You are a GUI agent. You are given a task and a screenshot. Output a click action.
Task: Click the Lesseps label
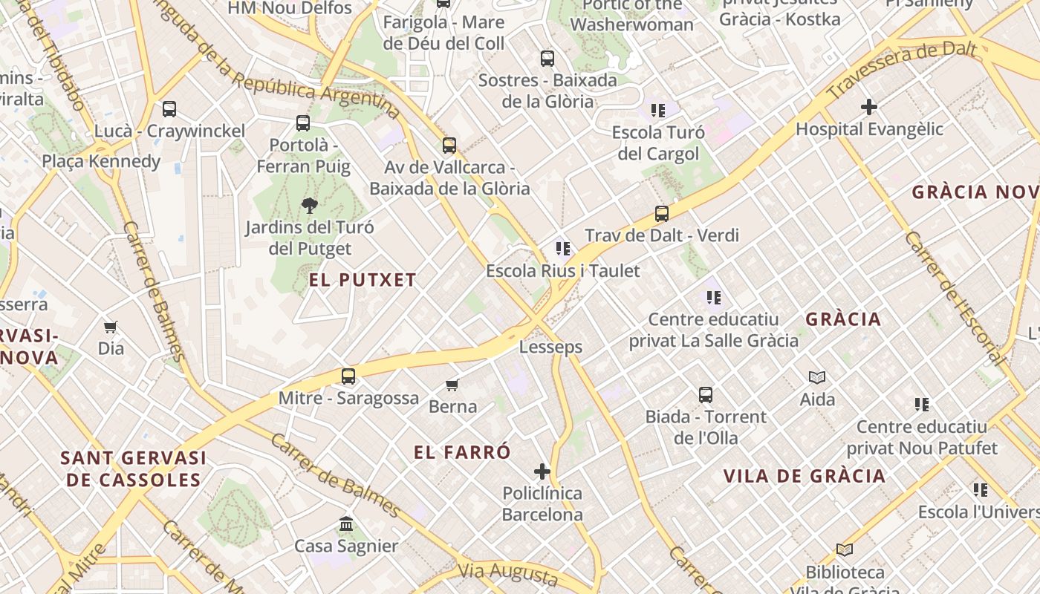[x=550, y=347]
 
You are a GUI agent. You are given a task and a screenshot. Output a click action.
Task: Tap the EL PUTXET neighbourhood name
[x=363, y=280]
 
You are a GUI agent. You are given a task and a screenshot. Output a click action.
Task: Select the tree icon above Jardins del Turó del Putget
[x=310, y=206]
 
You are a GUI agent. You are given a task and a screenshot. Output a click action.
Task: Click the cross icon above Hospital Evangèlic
[x=869, y=107]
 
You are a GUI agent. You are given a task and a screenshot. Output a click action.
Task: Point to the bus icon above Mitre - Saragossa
[x=348, y=376]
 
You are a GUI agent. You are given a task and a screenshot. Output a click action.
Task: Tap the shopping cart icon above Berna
[x=452, y=385]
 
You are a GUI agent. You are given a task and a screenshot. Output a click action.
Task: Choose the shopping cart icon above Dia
[x=111, y=327]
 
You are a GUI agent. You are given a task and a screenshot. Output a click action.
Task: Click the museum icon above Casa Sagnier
[x=346, y=524]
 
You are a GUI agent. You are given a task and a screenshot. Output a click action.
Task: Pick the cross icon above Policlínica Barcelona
[x=542, y=471]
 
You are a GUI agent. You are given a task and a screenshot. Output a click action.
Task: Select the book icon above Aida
[x=817, y=378]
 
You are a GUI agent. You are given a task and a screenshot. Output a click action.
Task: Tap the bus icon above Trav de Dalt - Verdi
[x=662, y=214]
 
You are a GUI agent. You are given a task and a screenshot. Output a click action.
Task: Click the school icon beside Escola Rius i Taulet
[x=562, y=249]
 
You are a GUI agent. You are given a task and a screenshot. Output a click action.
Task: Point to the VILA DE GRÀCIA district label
[x=805, y=476]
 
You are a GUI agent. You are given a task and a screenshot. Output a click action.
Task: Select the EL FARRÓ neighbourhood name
[x=463, y=451]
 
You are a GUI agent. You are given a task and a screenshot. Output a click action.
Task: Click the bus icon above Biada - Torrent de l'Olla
[x=706, y=395]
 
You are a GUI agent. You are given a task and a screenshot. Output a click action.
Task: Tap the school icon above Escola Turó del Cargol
[x=657, y=111]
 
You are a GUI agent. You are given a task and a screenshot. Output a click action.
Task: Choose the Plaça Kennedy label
[x=101, y=161]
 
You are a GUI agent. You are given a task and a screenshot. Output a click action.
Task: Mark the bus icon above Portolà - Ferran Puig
[x=303, y=123]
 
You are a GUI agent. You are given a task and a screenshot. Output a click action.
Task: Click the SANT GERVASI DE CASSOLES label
[x=134, y=469]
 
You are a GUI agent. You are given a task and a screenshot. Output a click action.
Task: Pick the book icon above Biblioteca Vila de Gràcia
[x=845, y=550]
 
